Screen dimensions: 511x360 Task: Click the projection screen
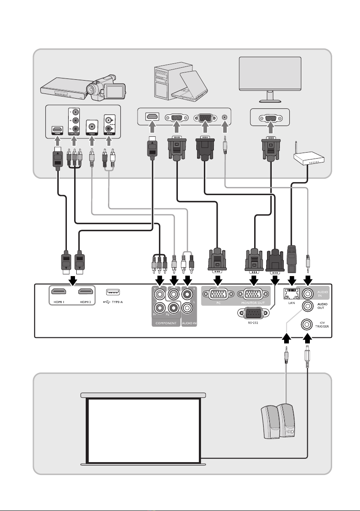(x=144, y=429)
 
